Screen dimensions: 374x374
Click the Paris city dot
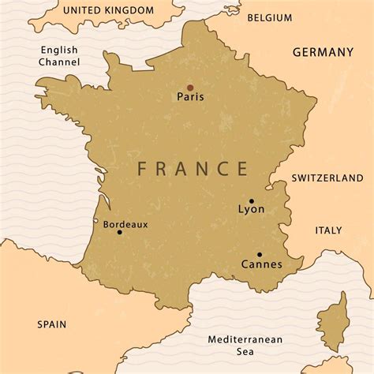pyautogui.click(x=189, y=88)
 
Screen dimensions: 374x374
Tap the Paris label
pyautogui.click(x=190, y=98)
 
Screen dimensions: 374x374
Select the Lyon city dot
pyautogui.click(x=252, y=200)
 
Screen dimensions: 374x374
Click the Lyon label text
pyautogui.click(x=251, y=210)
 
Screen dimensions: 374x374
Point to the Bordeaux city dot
pyautogui.click(x=119, y=232)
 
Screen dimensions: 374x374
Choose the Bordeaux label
pyautogui.click(x=125, y=224)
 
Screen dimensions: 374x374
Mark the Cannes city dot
pyautogui.click(x=259, y=255)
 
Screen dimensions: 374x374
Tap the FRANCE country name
pyautogui.click(x=193, y=168)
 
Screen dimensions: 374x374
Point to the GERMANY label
pyautogui.click(x=323, y=52)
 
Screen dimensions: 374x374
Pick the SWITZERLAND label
pyautogui.click(x=327, y=178)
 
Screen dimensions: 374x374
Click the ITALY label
pyautogui.click(x=328, y=230)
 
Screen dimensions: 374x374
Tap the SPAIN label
pyautogui.click(x=51, y=324)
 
